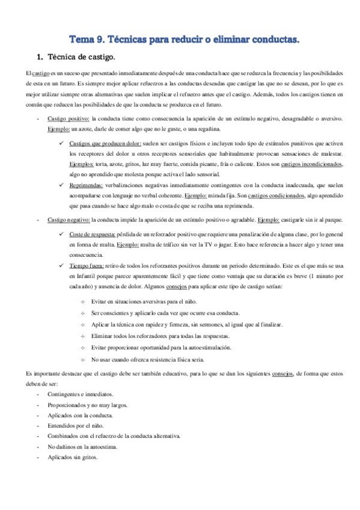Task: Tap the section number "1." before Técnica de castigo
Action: pos(40,58)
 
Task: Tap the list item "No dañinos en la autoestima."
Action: pos(82,446)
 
